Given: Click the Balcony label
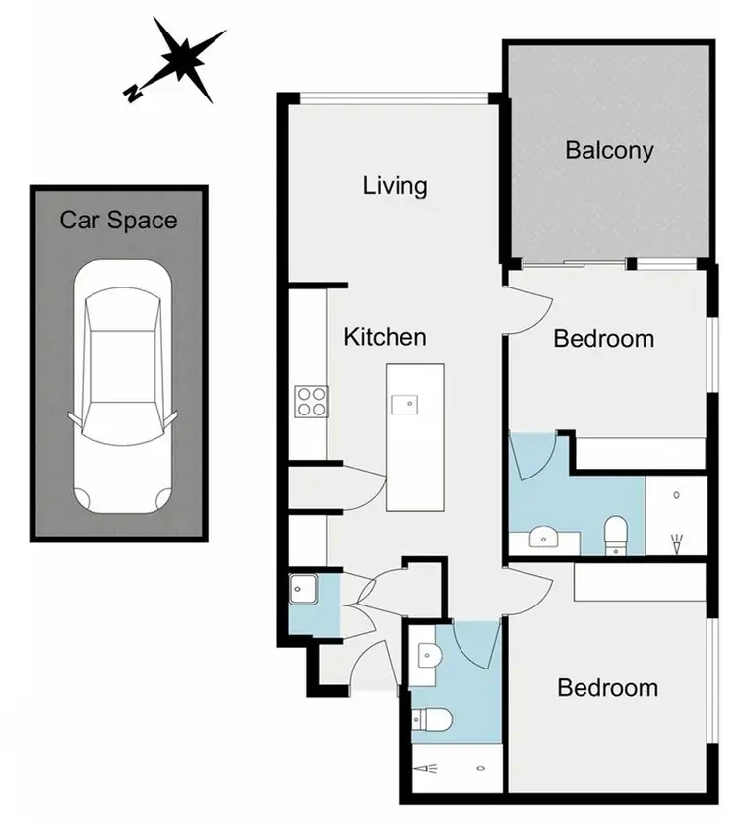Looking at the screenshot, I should tap(610, 151).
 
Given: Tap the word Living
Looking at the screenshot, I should tap(395, 185).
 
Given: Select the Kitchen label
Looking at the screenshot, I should tap(385, 337).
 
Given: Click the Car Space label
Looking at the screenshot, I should tap(118, 220).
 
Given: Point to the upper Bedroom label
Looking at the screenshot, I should tap(603, 339).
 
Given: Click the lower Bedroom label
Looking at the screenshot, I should tap(607, 687).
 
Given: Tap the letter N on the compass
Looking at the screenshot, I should tap(131, 94).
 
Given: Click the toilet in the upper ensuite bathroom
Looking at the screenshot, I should tap(616, 535).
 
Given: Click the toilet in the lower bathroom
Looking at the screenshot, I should tap(432, 721).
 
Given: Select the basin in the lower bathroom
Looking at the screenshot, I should tap(425, 654).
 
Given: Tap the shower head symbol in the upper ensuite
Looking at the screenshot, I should tap(678, 540).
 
